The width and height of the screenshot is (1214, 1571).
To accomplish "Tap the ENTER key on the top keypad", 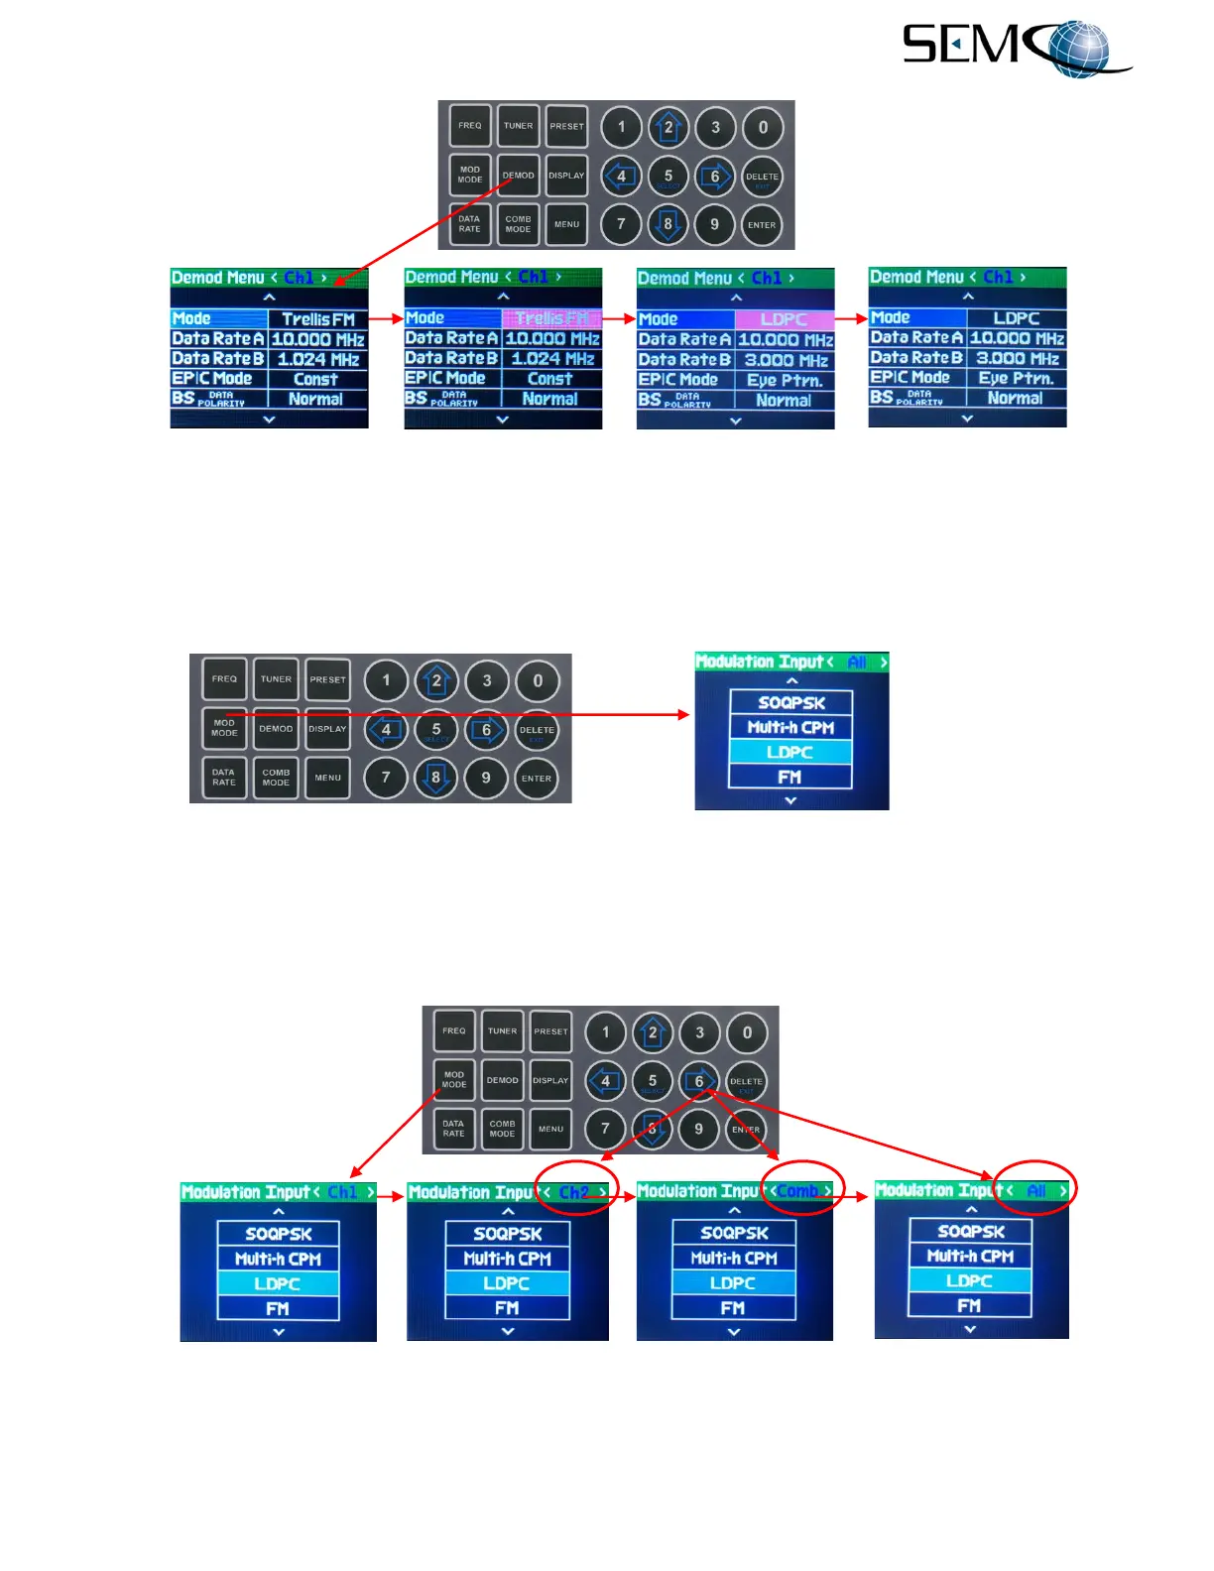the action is coord(762,225).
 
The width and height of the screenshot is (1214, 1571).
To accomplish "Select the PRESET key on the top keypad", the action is coord(566,126).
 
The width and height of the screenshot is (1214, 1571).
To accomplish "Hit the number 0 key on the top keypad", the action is coord(763,127).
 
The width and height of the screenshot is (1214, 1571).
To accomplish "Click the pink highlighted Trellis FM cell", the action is coord(551,318).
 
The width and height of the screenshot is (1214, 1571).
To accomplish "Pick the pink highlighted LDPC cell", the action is coord(784,319).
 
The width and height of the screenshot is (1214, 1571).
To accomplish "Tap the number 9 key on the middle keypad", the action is coord(486,779).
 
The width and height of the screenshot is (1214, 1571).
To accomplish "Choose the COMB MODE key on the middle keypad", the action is coord(276,778).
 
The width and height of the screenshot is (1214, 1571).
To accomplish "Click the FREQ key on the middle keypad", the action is coord(224,679).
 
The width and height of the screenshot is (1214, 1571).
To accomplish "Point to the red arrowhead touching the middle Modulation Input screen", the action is coord(681,714).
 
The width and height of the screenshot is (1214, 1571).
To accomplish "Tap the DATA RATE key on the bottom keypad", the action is coord(453,1129).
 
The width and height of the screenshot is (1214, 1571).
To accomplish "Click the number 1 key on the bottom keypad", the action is coord(606,1032).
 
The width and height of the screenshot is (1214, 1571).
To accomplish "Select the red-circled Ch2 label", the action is coord(574,1192).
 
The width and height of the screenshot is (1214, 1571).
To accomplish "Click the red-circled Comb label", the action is coord(798,1191).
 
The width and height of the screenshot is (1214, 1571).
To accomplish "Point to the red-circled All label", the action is coord(1036,1190).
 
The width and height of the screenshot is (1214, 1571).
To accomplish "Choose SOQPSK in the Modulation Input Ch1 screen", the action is coord(279,1234).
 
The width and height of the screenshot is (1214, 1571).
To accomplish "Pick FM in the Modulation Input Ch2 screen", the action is coord(507,1308).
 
